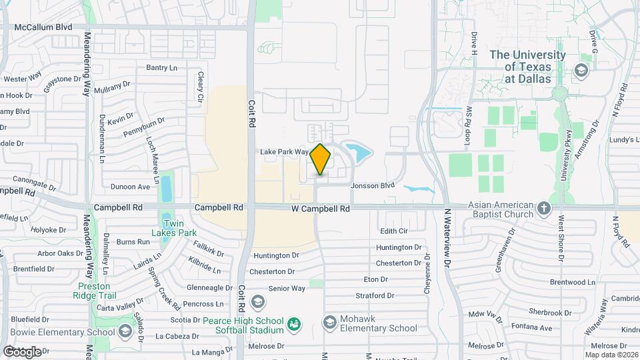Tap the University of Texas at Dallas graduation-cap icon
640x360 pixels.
pyautogui.click(x=581, y=70)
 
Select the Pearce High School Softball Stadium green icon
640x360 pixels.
pyautogui.click(x=293, y=325)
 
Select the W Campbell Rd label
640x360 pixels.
pyautogui.click(x=321, y=209)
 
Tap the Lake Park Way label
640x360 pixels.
pyautogui.click(x=284, y=152)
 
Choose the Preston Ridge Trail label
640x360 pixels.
pyautogui.click(x=94, y=289)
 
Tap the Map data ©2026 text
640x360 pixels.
pyautogui.click(x=609, y=355)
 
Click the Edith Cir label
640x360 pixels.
pyautogui.click(x=393, y=231)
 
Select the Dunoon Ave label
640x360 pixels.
pyautogui.click(x=130, y=187)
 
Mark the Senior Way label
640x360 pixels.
pyautogui.click(x=287, y=289)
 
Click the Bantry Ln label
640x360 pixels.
pyautogui.click(x=161, y=67)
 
